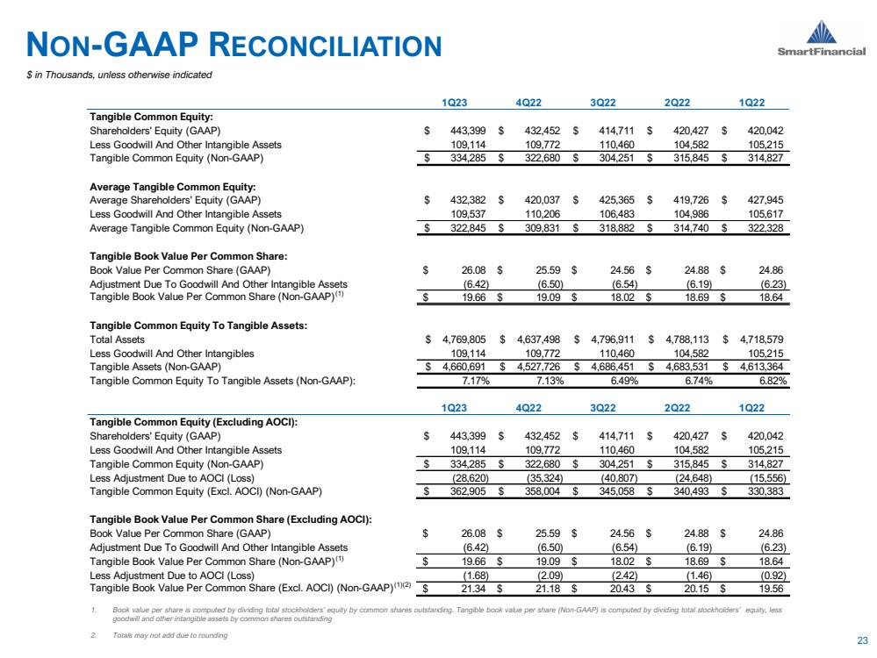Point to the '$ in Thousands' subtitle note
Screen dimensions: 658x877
click(x=119, y=75)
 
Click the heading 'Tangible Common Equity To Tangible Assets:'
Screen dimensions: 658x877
click(x=198, y=325)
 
